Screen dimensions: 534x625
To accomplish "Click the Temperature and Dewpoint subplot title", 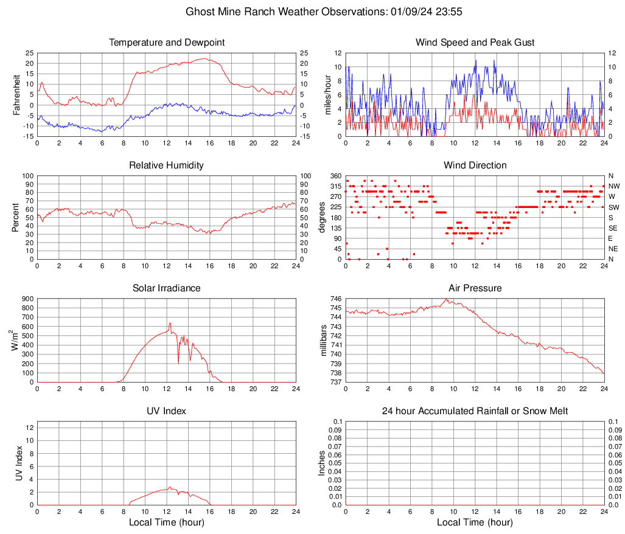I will click(x=167, y=43).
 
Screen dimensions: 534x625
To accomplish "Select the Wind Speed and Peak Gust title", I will click(x=475, y=43).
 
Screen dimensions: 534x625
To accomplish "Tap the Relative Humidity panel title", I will click(x=167, y=165).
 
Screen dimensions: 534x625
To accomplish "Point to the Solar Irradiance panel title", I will click(x=167, y=288).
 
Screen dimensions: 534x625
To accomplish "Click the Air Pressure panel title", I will click(x=475, y=288).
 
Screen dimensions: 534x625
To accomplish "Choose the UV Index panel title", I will click(x=167, y=411).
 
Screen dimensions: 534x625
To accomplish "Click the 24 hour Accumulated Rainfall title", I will click(x=475, y=411).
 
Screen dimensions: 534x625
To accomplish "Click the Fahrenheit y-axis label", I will click(x=16, y=94).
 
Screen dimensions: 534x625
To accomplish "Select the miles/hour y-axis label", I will click(x=327, y=94).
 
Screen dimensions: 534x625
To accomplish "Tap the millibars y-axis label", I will click(x=324, y=340).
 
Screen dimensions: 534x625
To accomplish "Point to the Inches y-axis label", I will click(x=322, y=463).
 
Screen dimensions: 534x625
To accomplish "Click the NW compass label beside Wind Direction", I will click(x=613, y=186).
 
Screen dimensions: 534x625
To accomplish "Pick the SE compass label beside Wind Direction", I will click(x=613, y=228).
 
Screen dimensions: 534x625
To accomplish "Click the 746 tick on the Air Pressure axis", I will click(x=336, y=299).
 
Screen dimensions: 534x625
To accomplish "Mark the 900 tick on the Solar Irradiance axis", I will click(x=27, y=299).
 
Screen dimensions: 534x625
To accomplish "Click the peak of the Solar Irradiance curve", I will click(x=170, y=323).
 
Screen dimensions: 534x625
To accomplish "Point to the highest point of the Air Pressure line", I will click(x=447, y=299).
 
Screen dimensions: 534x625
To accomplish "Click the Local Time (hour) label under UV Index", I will click(x=167, y=522).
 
